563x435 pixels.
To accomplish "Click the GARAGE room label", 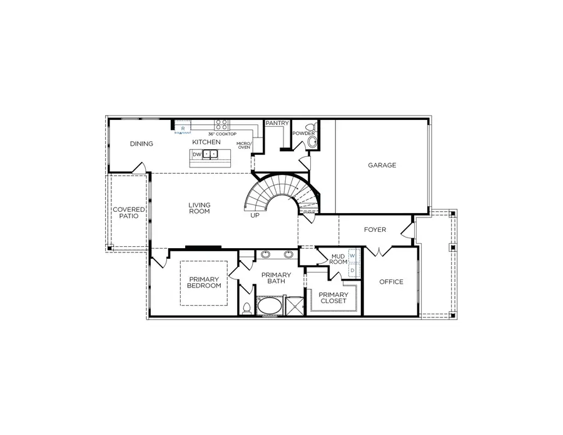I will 382,165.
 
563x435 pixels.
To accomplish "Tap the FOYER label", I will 375,229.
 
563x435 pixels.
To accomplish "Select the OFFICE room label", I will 392,282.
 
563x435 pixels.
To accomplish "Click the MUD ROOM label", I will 338,259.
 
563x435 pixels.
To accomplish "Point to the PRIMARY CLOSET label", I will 333,297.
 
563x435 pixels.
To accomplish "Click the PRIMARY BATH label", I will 276,278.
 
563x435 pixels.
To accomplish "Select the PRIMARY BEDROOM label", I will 204,282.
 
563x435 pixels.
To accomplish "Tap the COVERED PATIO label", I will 128,212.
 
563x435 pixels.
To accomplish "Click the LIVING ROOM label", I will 200,208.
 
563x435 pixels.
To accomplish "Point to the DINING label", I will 141,144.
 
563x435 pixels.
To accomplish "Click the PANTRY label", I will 277,123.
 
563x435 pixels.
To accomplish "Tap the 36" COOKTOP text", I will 222,134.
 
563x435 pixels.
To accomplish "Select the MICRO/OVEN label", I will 243,146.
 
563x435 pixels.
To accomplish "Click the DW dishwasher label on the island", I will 196,154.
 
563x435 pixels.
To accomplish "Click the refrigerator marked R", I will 182,128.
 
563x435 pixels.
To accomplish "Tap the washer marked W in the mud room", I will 352,256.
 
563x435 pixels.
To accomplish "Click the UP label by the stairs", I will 255,215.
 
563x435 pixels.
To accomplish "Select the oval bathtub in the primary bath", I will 270,307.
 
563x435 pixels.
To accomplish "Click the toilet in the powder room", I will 312,141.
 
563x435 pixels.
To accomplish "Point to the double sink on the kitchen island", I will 211,154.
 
